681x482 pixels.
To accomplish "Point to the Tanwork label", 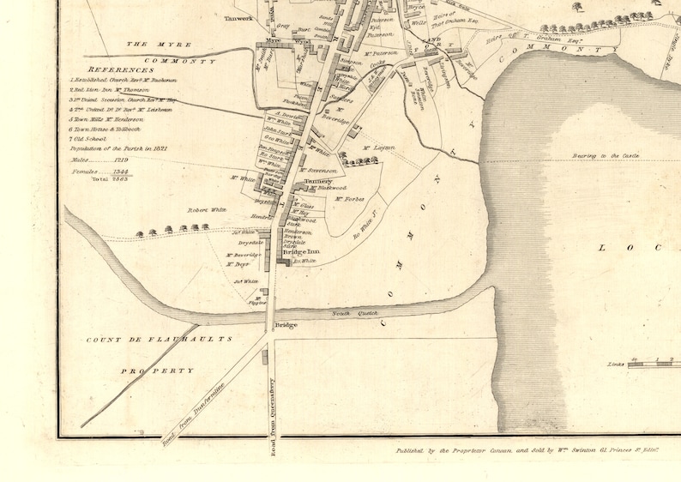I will click(x=239, y=17).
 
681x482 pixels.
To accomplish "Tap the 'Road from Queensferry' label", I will click(x=268, y=412).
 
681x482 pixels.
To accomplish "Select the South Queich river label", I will click(x=351, y=314).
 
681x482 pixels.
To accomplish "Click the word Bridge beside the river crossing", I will click(x=286, y=326).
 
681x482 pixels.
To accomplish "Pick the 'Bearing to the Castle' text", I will click(x=607, y=156).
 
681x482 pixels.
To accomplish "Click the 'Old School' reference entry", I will click(x=90, y=138).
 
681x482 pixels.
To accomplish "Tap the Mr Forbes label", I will click(x=349, y=199).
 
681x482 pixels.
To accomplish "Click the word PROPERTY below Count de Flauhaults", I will click(x=156, y=371).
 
